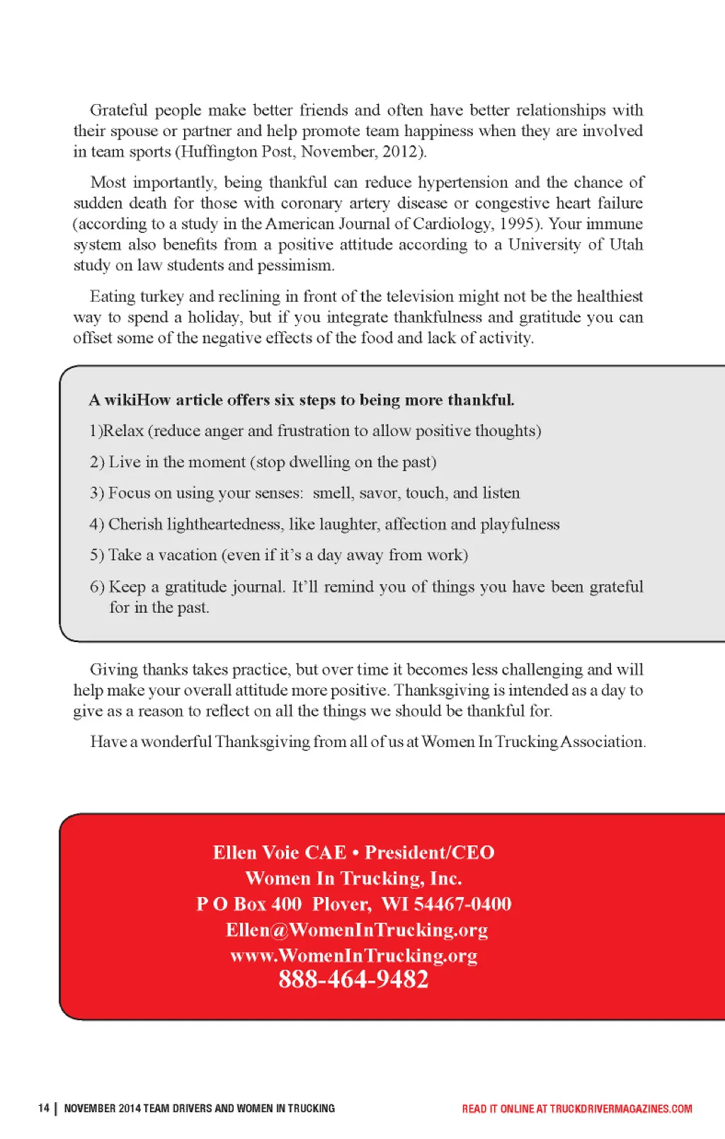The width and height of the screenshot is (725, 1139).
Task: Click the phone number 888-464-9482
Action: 353,979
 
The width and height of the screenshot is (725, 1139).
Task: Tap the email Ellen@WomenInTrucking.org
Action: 357,929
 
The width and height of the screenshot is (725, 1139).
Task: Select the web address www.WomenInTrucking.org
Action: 353,956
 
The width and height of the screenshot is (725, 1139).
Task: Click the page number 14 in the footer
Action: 44,1108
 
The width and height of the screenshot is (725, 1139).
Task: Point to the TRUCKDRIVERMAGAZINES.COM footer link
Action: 621,1109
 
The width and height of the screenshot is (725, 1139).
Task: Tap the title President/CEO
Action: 429,852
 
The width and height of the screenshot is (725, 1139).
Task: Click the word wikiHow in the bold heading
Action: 138,400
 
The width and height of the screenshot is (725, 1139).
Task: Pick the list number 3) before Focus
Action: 97,493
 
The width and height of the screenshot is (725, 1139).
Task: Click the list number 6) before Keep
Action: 97,587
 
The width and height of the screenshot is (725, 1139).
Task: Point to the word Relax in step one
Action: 123,431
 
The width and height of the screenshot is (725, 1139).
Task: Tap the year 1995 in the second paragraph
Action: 517,224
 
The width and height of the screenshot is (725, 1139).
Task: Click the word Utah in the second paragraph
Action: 626,245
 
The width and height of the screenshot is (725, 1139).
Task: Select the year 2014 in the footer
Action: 130,1109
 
